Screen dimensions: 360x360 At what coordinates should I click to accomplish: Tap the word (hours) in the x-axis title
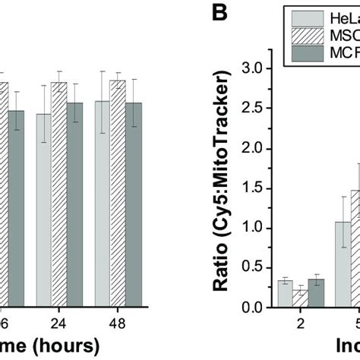coord(62,346)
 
